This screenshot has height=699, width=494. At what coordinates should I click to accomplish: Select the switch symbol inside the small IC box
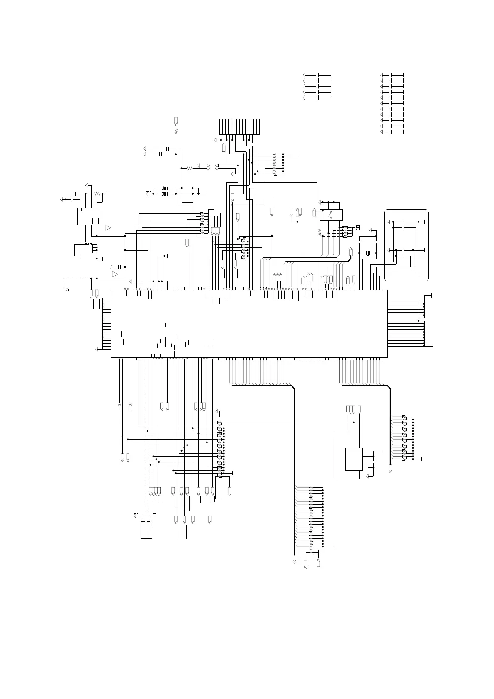(x=330, y=215)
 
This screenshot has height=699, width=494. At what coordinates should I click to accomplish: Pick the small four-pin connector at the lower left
(x=146, y=530)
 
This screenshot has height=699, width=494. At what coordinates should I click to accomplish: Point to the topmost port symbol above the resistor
(x=176, y=121)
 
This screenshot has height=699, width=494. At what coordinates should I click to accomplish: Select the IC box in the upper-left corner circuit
(x=88, y=216)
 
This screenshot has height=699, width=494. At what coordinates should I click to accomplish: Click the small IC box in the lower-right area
(x=353, y=459)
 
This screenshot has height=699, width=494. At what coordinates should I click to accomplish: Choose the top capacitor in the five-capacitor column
(x=317, y=74)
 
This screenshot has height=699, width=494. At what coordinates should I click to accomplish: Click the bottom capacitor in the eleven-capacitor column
(x=392, y=132)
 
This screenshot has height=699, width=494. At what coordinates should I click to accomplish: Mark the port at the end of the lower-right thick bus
(x=391, y=469)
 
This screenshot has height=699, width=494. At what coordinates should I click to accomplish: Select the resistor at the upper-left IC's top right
(x=97, y=193)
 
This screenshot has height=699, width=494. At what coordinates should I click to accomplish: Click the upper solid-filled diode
(x=193, y=188)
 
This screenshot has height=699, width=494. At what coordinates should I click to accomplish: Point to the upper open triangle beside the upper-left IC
(x=108, y=227)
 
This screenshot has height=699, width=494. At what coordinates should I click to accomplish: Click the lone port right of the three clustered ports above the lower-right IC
(x=359, y=408)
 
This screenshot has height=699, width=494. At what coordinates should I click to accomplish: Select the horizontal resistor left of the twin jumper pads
(x=190, y=168)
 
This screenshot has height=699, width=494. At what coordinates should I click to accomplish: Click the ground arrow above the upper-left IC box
(x=87, y=184)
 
